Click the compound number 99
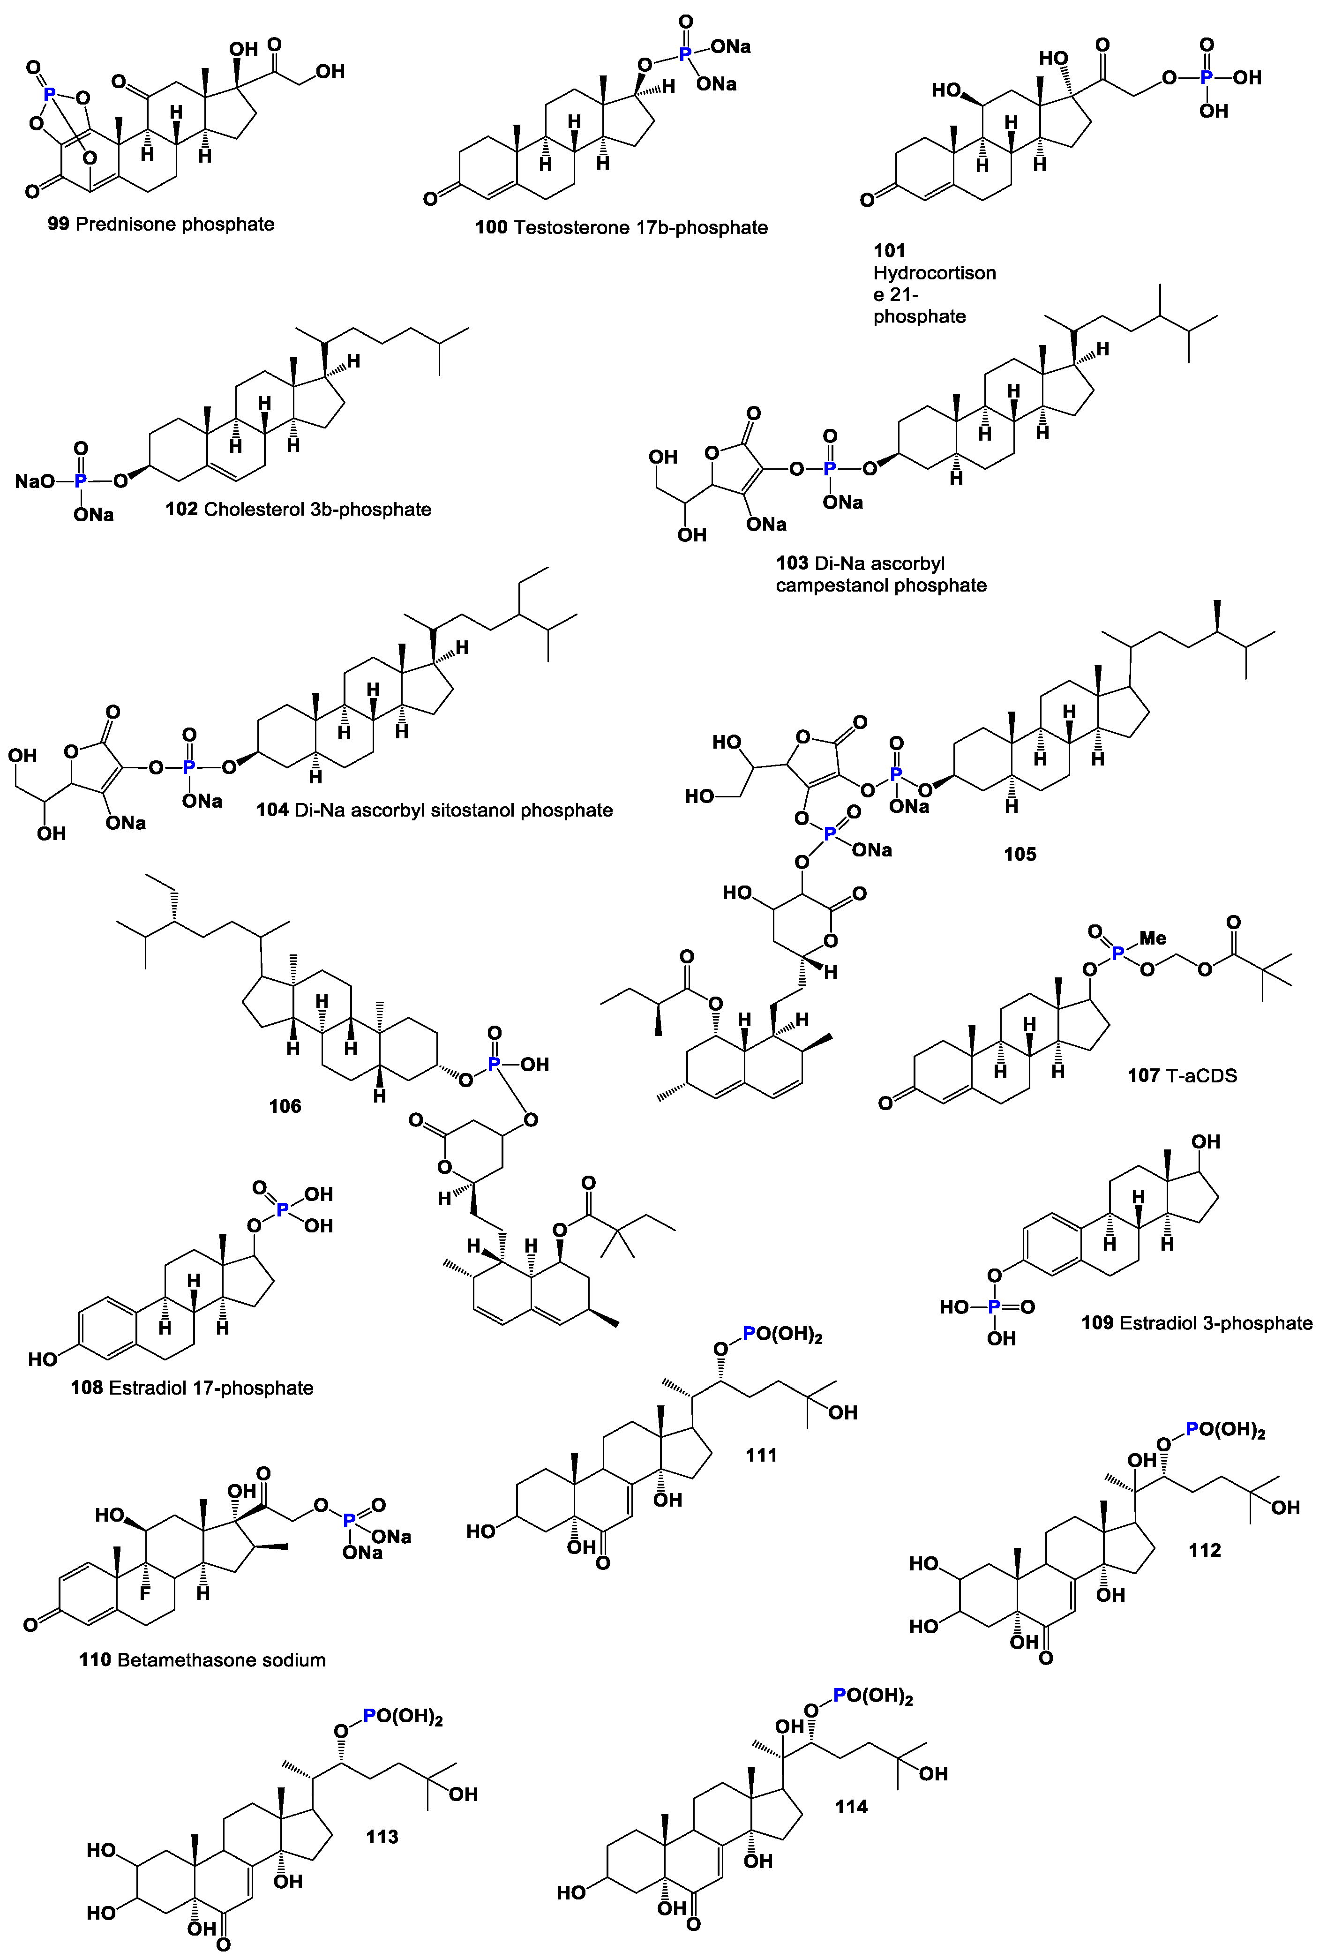pos(58,224)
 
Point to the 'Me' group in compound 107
pos(1153,938)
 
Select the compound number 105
pos(1020,854)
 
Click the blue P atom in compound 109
pos(994,1306)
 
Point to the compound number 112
pos(1204,1549)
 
